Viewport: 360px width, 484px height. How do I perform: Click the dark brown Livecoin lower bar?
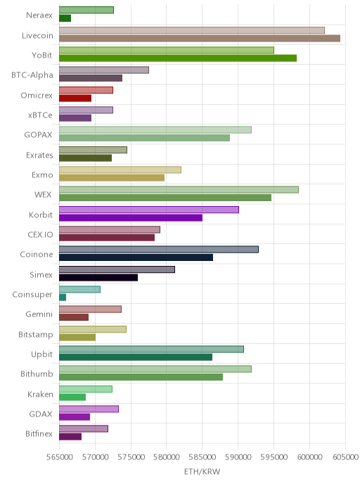pos(200,38)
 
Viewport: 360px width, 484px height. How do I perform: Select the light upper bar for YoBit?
pos(167,50)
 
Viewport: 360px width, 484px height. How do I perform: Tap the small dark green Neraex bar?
pos(65,18)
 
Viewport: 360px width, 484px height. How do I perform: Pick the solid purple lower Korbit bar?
pos(131,217)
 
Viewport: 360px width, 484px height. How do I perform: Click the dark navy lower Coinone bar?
pos(136,257)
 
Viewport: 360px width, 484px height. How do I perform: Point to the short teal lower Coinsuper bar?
pos(63,298)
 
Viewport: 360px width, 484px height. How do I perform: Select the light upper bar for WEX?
pos(179,189)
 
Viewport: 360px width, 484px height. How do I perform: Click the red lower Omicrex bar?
pos(75,98)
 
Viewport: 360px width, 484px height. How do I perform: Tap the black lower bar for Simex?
pos(98,277)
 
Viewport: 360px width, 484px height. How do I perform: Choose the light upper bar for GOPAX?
pos(155,129)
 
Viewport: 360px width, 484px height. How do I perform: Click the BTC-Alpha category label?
pos(32,75)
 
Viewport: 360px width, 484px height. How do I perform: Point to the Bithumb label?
pos(37,374)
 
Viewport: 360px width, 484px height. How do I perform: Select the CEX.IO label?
pos(40,234)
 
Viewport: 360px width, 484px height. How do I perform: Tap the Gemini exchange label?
pos(39,314)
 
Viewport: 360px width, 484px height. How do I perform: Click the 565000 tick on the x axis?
pos(60,457)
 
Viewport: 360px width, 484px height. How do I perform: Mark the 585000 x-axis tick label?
pos(202,457)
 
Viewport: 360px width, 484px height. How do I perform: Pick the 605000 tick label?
pos(345,457)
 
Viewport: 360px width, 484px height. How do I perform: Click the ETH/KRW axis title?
pos(202,471)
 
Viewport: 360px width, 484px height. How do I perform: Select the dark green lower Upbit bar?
pos(136,357)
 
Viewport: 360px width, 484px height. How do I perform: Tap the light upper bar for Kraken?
pos(86,389)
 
